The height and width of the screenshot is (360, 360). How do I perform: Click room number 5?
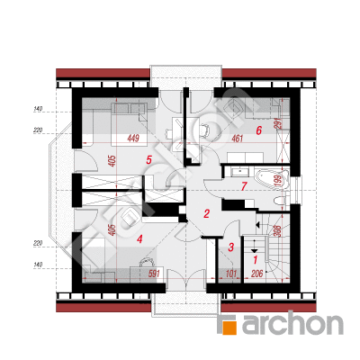tap(148, 160)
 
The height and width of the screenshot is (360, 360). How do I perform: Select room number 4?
tap(139, 238)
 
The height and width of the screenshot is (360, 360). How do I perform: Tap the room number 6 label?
tap(259, 130)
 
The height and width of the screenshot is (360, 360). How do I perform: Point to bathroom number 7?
tap(244, 186)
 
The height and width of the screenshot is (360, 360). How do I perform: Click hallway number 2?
tap(206, 213)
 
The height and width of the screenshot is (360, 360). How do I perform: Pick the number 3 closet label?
tap(231, 247)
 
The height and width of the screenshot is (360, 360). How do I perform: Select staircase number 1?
tap(256, 260)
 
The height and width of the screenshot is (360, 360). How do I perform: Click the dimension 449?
tap(133, 139)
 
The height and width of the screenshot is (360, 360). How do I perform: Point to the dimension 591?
tap(153, 274)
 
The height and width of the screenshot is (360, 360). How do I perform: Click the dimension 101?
tap(231, 274)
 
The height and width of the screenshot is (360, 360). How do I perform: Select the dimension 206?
tap(256, 274)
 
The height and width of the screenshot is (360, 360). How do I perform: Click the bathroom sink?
tap(239, 172)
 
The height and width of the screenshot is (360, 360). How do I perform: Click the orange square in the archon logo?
tap(229, 327)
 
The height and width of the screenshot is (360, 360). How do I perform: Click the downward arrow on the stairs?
tap(255, 246)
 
